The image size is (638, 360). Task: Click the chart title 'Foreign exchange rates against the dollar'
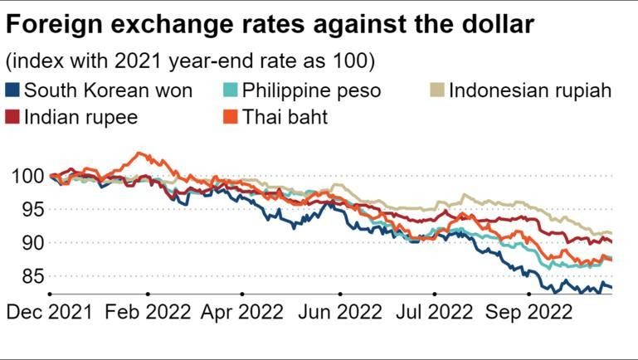[x=269, y=26]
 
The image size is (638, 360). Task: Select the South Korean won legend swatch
[x=14, y=90]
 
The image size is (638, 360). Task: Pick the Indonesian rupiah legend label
[x=530, y=90]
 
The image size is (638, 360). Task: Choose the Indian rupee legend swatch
[x=14, y=117]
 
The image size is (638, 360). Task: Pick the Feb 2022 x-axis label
[x=147, y=313]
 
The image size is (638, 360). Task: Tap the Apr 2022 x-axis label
[x=242, y=313]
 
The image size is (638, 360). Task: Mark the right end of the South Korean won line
[x=612, y=288]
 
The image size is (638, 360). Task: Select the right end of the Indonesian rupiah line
[x=612, y=233]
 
